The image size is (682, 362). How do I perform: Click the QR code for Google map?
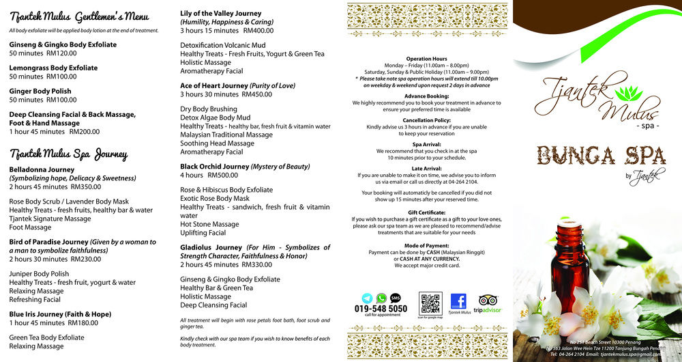[430, 303]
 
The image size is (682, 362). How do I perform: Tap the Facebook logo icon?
[458, 301]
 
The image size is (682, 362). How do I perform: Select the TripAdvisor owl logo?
[487, 301]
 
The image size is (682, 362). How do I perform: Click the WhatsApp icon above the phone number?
[381, 298]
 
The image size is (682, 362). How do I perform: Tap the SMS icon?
[395, 298]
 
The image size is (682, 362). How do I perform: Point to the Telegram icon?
[368, 298]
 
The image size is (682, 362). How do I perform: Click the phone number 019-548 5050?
[381, 309]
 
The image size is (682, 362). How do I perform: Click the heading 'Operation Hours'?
[426, 59]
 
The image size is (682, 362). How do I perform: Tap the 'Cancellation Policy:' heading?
[426, 120]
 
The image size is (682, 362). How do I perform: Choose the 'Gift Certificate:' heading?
[426, 212]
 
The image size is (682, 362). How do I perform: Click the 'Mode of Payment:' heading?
[426, 245]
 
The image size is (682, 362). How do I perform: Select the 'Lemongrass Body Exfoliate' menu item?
[53, 68]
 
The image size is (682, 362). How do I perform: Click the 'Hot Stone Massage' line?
[209, 224]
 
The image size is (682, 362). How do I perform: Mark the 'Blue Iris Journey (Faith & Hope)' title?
[60, 314]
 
